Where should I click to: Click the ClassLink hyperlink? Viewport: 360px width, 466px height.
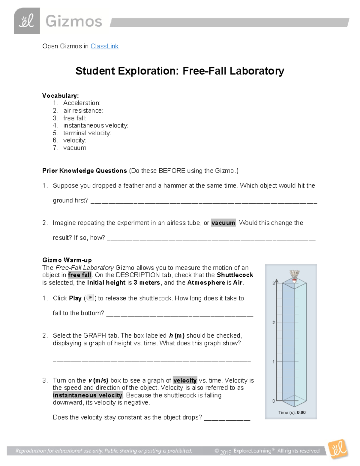(104, 46)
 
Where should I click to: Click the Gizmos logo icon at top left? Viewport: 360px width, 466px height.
(27, 21)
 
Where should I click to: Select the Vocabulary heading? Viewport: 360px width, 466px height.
(60, 96)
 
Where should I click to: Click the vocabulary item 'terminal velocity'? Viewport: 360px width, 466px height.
(87, 133)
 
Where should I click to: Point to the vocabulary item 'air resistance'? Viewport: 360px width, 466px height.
(83, 110)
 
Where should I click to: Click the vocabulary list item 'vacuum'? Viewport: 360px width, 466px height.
(75, 148)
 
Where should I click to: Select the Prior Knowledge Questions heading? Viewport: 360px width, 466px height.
(85, 171)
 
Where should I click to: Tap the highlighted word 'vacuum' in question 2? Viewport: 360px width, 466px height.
(223, 223)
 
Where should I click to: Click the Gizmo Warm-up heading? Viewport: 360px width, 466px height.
(67, 260)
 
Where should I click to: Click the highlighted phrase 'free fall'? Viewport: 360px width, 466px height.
(79, 275)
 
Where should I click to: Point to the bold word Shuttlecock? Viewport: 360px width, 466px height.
(235, 275)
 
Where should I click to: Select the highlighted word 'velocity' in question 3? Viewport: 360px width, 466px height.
(185, 380)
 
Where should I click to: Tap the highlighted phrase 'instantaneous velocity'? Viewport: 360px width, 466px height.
(88, 395)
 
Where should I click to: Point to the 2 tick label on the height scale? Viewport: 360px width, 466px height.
(273, 323)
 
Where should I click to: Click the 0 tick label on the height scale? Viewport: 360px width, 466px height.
(273, 401)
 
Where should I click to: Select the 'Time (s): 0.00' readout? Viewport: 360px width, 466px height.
(292, 413)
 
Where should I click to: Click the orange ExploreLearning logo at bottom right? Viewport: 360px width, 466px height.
(338, 449)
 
